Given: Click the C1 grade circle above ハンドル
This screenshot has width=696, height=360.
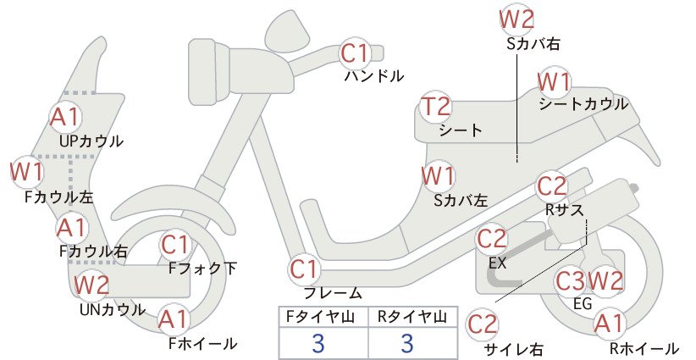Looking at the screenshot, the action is (355, 53).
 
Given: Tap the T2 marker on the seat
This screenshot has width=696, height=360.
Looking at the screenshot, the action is (435, 107).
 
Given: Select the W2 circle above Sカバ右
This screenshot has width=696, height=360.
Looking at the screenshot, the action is (516, 19).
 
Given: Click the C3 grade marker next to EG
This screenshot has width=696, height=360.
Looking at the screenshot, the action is (571, 281).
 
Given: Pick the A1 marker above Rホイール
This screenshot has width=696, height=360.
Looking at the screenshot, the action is (610, 324).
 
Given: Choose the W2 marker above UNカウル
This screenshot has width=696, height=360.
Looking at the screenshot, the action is (91, 285).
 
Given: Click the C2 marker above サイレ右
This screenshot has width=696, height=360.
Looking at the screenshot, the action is (483, 324).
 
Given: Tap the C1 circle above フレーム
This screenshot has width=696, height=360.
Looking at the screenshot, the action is (305, 269).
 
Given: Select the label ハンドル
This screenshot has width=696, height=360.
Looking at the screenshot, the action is (374, 76).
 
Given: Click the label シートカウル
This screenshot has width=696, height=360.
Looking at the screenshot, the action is (583, 104).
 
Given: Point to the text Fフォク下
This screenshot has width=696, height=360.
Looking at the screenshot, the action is (203, 269).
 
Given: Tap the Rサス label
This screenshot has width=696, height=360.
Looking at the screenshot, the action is (564, 210).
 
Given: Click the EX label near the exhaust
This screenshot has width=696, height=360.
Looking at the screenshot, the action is (498, 263).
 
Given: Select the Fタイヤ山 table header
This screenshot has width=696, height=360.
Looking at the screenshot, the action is (320, 317).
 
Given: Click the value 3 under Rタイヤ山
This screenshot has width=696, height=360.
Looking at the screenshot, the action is (407, 343).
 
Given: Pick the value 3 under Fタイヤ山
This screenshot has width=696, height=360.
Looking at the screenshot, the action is (318, 343).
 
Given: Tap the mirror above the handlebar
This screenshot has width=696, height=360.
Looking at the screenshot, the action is (288, 28).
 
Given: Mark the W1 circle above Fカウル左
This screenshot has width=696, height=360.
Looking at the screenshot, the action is (26, 172).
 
